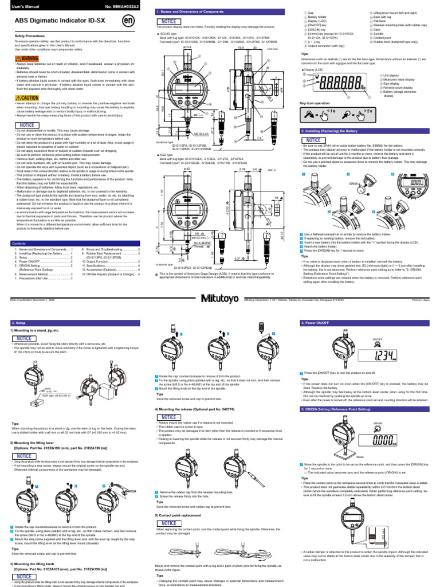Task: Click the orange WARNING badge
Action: point(26,58)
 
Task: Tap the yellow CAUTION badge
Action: point(26,98)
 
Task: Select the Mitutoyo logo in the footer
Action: point(220,298)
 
